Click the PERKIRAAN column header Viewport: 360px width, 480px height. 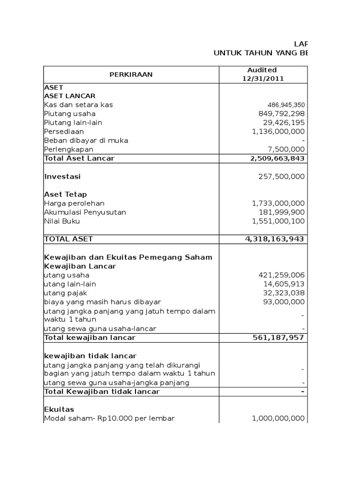[131, 74]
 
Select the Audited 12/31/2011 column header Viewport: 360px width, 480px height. [262, 74]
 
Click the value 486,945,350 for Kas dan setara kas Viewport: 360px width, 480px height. [286, 105]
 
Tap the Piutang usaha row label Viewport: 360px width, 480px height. [69, 114]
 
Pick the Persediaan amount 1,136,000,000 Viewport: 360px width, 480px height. [278, 132]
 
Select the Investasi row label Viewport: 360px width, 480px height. [62, 177]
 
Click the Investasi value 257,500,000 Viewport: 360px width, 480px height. [281, 177]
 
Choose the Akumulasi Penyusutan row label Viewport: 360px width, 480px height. [85, 212]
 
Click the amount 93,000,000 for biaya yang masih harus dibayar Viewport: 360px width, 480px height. [284, 302]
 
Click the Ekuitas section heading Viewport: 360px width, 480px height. [59, 409]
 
